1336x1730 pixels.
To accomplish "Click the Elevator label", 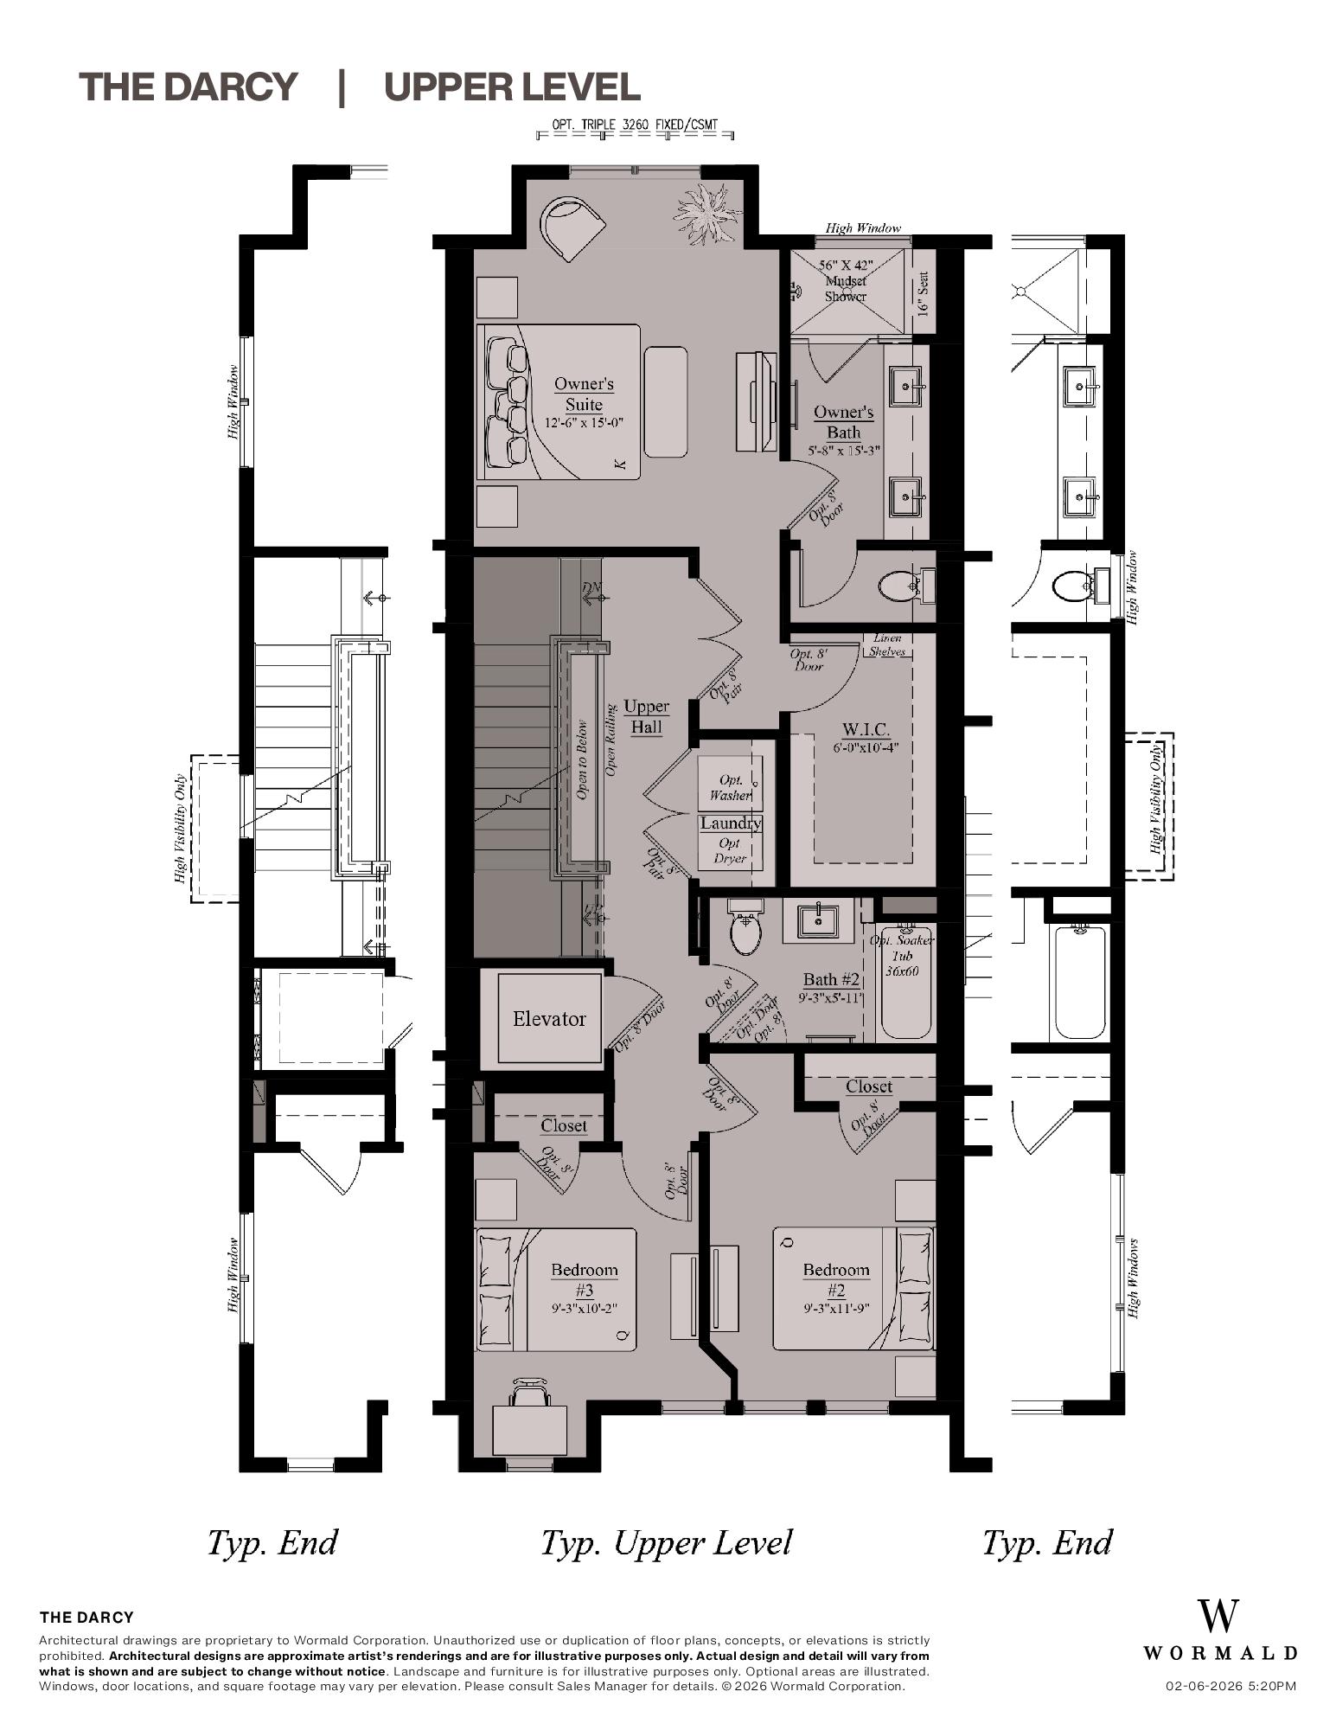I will pos(549,1019).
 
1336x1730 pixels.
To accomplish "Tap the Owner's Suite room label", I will pos(584,394).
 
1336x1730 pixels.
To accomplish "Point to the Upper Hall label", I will pos(646,716).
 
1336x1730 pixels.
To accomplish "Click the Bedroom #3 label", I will pos(585,1280).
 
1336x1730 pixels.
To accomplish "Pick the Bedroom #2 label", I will pos(835,1280).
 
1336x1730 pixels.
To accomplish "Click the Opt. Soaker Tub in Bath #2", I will pos(905,986).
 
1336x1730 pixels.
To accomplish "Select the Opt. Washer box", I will pos(730,785).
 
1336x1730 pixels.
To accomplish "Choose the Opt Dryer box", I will pos(730,851).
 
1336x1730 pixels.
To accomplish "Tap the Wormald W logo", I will pos(1218,1616).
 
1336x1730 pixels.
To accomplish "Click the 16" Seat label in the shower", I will pos(923,294).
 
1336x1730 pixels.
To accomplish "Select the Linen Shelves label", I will pos(887,645).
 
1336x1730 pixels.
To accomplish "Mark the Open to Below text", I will pos(582,759).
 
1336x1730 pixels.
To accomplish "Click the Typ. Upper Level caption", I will pos(666,1542).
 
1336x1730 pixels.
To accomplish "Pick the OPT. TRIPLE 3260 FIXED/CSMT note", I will pos(635,125).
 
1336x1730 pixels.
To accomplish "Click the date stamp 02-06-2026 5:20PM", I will pos(1231,1686).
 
